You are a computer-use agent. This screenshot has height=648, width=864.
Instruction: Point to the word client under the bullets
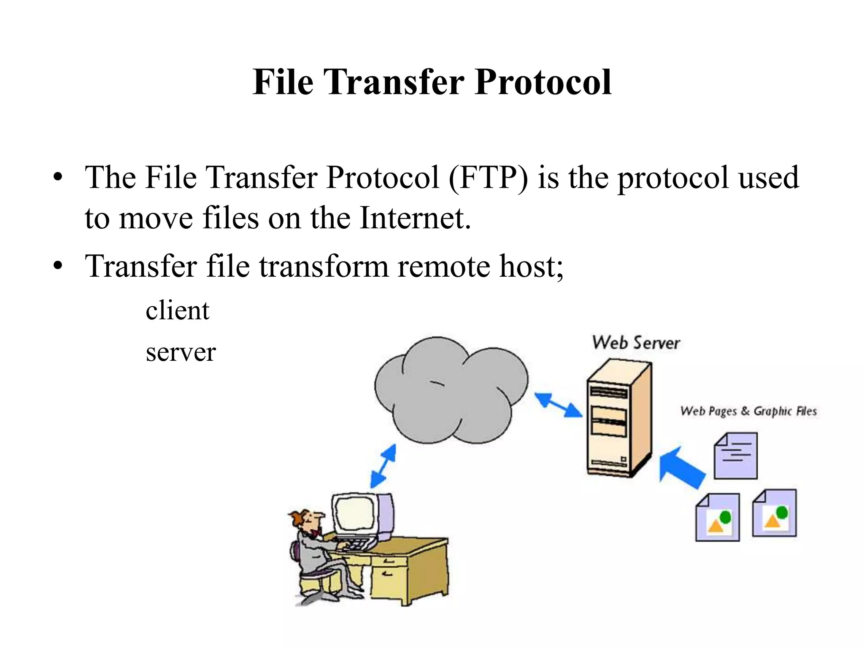click(177, 310)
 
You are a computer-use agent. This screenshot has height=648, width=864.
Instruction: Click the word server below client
click(181, 352)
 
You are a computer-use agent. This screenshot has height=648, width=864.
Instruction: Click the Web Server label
click(636, 343)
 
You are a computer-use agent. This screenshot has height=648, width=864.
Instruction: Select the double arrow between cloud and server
click(558, 405)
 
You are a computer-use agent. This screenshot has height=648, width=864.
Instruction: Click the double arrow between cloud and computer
click(383, 467)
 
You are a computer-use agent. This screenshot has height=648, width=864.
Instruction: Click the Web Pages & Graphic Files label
click(748, 411)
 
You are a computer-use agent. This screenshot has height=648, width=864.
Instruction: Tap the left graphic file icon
click(717, 518)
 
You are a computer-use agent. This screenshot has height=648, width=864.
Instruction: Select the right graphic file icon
click(775, 513)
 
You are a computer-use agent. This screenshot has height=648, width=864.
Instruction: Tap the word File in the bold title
click(283, 83)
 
